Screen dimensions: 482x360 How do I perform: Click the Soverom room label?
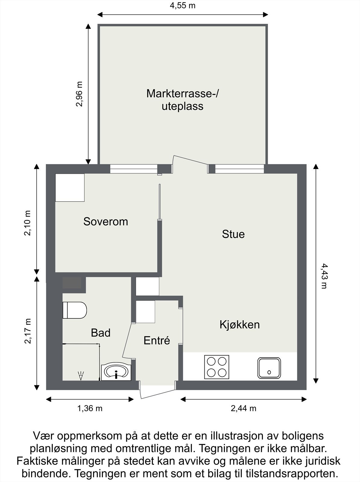tap(106, 222)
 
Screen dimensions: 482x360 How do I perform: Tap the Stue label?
tap(233, 234)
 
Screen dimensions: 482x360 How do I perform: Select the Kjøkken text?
tap(239, 324)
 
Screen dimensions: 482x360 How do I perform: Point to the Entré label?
tap(157, 340)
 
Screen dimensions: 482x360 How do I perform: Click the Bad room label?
tap(100, 333)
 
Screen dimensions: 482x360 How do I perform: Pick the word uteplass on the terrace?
tap(182, 106)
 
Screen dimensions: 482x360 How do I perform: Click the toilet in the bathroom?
tap(74, 310)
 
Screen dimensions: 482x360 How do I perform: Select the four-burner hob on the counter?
tap(216, 367)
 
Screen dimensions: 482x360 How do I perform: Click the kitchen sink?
tap(269, 368)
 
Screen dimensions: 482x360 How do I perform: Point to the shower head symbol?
tap(81, 376)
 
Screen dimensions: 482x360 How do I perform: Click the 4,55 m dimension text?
tap(182, 5)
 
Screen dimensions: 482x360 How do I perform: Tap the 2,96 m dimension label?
tap(79, 94)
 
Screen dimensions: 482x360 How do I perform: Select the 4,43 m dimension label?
tap(324, 276)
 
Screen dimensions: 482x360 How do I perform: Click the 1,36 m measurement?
tap(90, 408)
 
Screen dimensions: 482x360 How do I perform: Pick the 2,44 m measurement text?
tap(243, 408)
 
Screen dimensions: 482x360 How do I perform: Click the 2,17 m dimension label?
tap(28, 331)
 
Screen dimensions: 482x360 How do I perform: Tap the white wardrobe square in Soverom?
tap(70, 187)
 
